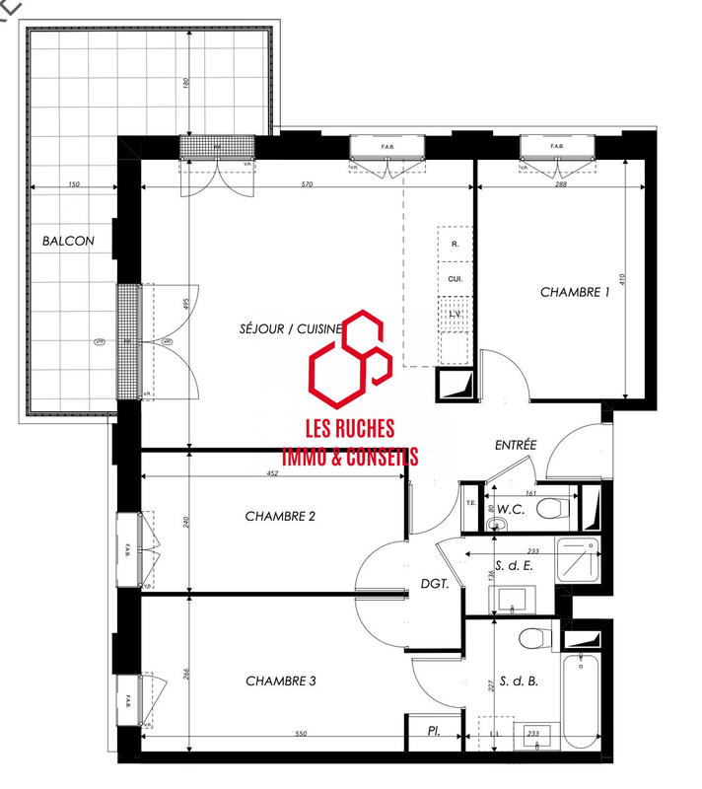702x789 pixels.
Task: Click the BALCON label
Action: (68, 241)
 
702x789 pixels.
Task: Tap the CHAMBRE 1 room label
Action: (575, 292)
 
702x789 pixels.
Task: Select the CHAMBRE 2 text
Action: (280, 516)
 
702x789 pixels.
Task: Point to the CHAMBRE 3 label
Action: (280, 681)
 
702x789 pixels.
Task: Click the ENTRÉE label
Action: (515, 446)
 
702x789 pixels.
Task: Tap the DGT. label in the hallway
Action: (435, 584)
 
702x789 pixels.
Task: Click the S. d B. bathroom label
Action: (518, 681)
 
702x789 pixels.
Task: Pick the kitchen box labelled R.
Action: (455, 243)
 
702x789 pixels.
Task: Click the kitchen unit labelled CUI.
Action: (456, 279)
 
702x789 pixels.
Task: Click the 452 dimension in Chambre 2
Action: (273, 473)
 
